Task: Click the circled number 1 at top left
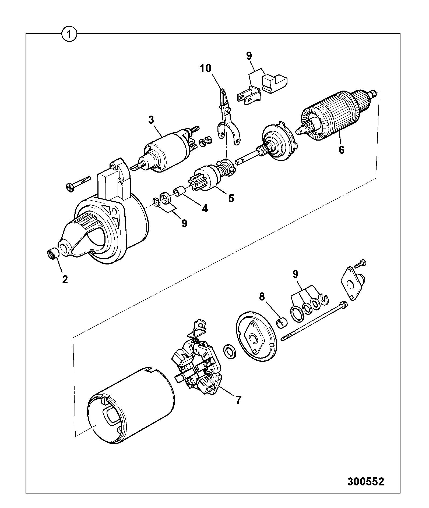tap(69, 35)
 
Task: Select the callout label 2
tap(65, 280)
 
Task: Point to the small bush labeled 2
tap(53, 254)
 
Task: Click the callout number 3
tap(152, 120)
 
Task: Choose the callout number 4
tap(205, 209)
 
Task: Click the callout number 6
tap(341, 150)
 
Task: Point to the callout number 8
tap(262, 297)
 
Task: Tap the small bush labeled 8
tap(282, 323)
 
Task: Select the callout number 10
tap(205, 69)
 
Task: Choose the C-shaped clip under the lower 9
tap(324, 300)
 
